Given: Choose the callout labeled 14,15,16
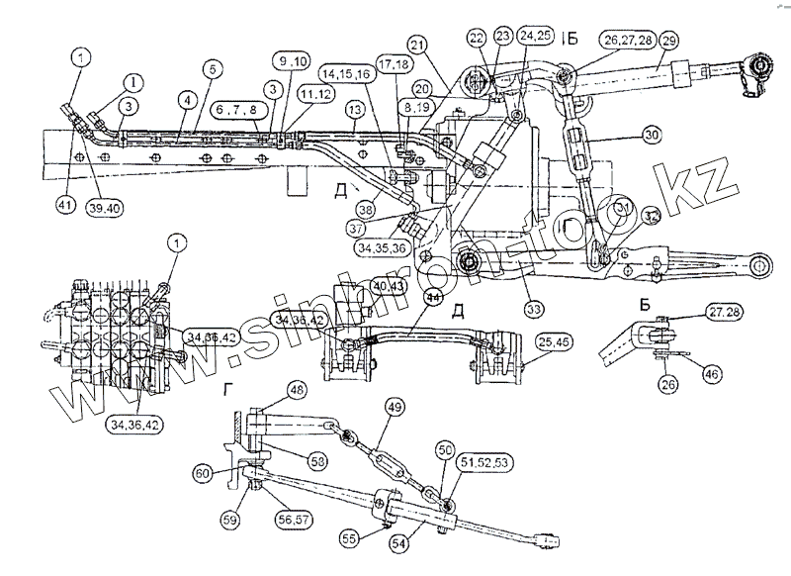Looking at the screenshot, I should point(344,72).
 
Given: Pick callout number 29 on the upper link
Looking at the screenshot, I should point(669,42).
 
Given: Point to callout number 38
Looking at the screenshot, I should point(367,210).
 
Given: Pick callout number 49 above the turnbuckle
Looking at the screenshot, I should point(394,407).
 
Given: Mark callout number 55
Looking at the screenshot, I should point(348,540).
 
